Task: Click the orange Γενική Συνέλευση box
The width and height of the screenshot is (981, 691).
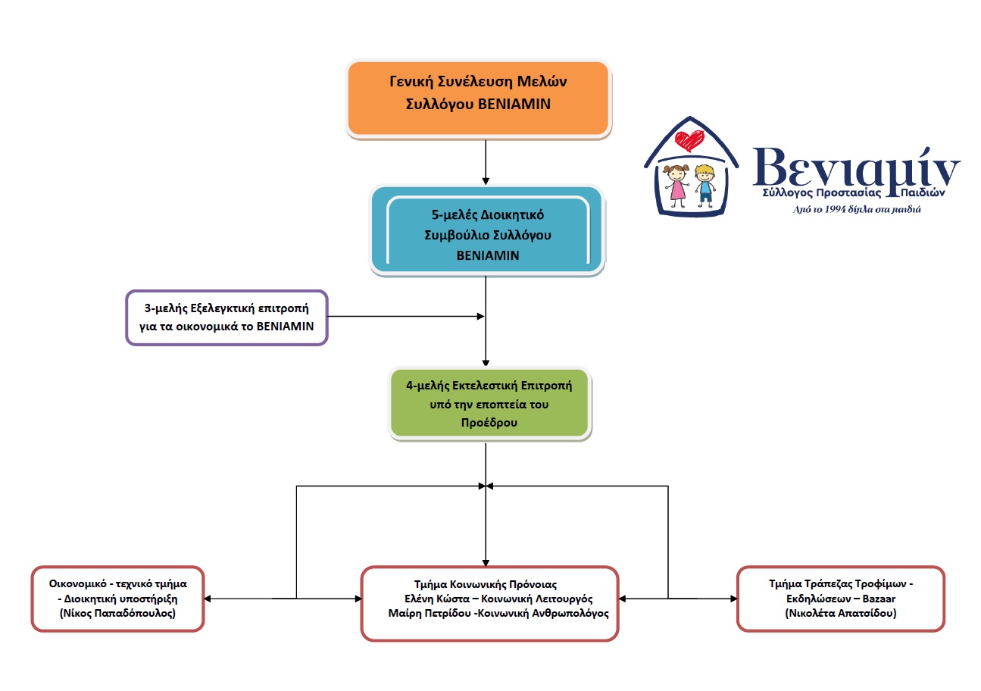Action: point(478,99)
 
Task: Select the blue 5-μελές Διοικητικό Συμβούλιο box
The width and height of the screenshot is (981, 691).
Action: point(487,231)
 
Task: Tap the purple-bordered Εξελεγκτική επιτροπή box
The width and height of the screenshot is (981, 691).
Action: point(227,317)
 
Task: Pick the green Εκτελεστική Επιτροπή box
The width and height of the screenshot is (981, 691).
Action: point(489,404)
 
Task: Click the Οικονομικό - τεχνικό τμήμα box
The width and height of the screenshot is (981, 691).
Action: point(118,599)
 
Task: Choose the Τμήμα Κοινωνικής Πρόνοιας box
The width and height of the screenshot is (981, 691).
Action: point(489,603)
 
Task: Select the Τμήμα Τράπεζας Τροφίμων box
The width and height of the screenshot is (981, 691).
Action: point(840,599)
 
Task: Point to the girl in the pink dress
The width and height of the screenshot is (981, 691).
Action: point(677,186)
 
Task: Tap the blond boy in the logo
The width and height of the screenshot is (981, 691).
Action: point(705,185)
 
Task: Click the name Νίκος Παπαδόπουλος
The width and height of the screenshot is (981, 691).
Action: point(118,613)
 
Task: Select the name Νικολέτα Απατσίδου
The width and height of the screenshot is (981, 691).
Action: point(840,613)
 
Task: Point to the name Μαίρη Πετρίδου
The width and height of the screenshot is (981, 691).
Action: point(430,613)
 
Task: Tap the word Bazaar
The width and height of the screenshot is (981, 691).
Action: point(879,599)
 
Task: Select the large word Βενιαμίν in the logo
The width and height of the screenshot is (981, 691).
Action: point(856,170)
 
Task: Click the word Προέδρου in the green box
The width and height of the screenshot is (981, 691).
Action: point(489,423)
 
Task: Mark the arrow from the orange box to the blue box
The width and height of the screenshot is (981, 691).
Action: point(486,162)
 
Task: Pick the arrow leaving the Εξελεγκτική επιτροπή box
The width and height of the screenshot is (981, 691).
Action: point(406,316)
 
